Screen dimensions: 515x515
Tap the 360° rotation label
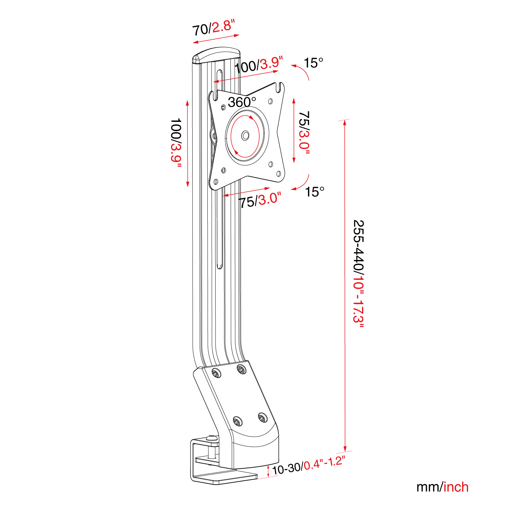[242, 102]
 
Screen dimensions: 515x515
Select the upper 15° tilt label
[313, 63]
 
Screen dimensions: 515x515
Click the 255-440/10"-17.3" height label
[358, 274]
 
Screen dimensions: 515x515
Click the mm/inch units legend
[442, 487]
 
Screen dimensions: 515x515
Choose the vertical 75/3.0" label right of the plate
[304, 132]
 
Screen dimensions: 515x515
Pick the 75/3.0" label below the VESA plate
[260, 200]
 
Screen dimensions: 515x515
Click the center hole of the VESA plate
[245, 136]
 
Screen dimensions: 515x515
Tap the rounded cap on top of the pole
[216, 55]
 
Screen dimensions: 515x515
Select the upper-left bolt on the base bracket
[216, 373]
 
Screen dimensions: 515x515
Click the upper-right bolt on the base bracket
[242, 369]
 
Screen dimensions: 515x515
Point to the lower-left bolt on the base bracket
[237, 421]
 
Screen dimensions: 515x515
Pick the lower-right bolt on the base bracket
[263, 418]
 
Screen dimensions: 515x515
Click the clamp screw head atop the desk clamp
[212, 438]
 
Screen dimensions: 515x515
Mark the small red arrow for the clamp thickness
[268, 471]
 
